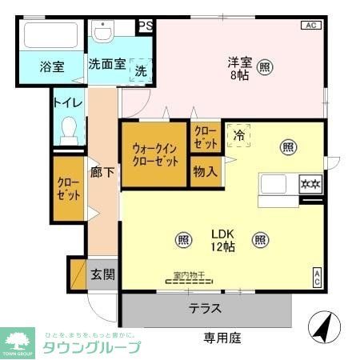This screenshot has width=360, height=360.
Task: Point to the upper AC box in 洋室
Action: tap(310, 26)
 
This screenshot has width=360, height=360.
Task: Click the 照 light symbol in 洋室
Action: tap(264, 67)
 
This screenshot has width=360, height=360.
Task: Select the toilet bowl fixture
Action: tap(70, 129)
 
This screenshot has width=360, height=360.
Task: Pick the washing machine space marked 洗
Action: tap(141, 70)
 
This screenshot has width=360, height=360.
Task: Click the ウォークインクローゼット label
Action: tap(154, 154)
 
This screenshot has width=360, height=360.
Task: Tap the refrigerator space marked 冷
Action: tap(238, 136)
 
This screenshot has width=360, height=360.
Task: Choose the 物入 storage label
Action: tap(205, 171)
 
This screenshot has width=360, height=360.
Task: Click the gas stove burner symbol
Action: tap(310, 185)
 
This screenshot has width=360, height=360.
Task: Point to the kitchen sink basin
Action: tap(275, 185)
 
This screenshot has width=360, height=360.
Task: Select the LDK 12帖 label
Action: tap(222, 239)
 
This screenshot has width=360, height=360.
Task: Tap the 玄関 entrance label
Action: tap(102, 275)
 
